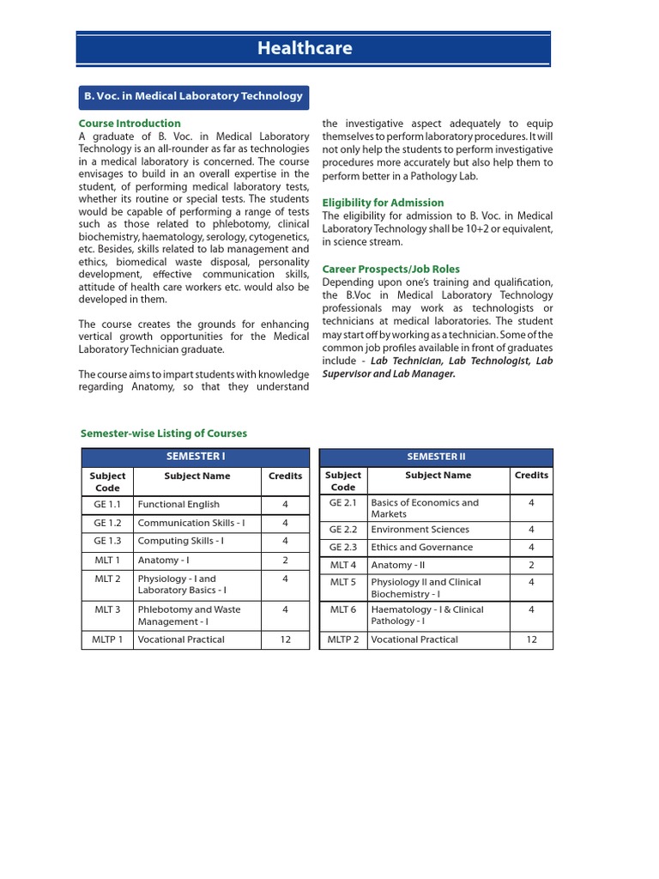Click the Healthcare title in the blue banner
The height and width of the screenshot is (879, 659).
tap(305, 49)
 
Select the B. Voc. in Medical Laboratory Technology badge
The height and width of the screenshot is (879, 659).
tap(193, 96)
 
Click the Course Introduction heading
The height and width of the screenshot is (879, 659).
tap(130, 124)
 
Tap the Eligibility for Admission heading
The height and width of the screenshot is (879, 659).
tap(383, 203)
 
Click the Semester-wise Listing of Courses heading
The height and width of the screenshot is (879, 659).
tap(163, 433)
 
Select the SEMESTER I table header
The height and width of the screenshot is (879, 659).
tap(195, 457)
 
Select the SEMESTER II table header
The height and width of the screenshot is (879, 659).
tap(436, 457)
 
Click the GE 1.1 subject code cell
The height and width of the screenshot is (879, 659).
tap(107, 505)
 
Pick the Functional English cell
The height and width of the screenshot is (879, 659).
tap(178, 505)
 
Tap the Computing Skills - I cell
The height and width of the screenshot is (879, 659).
tap(181, 541)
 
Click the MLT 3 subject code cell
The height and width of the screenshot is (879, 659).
tap(107, 609)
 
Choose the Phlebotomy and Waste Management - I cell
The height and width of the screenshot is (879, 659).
tap(189, 615)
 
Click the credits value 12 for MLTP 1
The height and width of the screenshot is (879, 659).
tap(285, 640)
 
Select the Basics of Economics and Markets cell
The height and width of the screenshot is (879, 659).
tap(425, 508)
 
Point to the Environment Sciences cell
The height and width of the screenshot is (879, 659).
tap(420, 530)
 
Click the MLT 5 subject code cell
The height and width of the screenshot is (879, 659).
tap(342, 582)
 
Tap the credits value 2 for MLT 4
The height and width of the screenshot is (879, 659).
tap(531, 565)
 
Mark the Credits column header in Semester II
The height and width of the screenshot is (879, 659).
tap(531, 475)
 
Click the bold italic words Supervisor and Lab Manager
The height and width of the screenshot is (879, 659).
tap(389, 374)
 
